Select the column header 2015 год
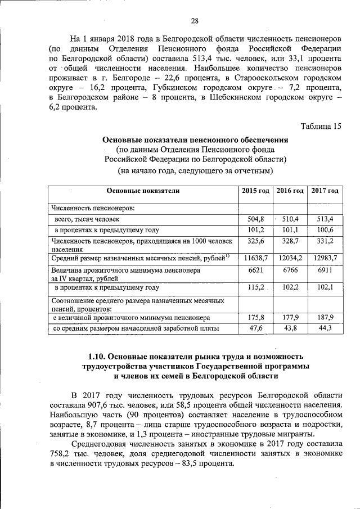point(255,191)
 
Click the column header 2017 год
point(325,191)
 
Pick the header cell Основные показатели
point(143,191)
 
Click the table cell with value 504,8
point(255,219)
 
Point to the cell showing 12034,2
point(290,258)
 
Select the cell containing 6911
point(325,271)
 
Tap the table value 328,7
point(290,241)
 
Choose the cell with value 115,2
point(255,287)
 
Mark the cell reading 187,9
point(325,317)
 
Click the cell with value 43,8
point(290,328)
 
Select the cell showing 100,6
point(325,230)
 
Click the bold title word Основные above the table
point(121,139)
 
